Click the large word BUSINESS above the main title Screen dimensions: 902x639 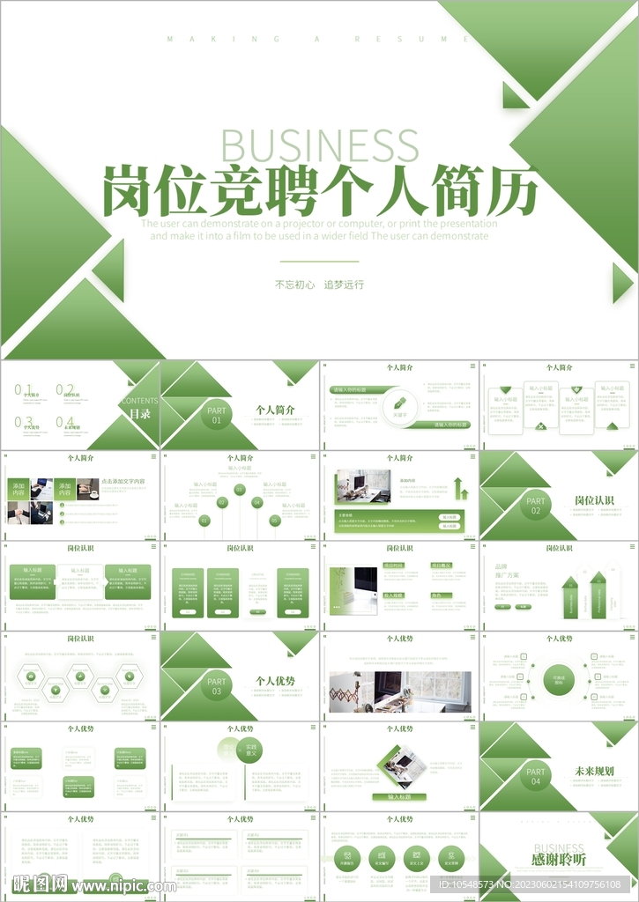click(x=319, y=145)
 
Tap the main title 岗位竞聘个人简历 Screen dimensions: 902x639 click(x=319, y=189)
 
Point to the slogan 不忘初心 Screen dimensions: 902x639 click(x=294, y=285)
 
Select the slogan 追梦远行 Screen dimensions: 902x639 click(x=344, y=285)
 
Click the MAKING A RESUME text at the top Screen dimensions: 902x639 click(x=319, y=39)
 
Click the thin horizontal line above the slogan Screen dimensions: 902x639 click(x=319, y=262)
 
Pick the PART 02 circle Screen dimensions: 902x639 click(x=536, y=506)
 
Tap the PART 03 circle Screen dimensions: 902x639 click(x=217, y=686)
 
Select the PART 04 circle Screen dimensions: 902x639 click(x=536, y=776)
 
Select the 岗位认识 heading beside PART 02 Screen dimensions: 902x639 click(x=594, y=500)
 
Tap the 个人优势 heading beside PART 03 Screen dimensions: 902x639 click(x=275, y=681)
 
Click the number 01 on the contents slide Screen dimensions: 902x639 click(x=23, y=389)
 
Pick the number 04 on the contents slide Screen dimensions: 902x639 click(x=65, y=422)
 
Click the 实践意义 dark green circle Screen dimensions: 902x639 click(x=249, y=750)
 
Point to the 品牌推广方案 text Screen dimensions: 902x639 click(x=507, y=571)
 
